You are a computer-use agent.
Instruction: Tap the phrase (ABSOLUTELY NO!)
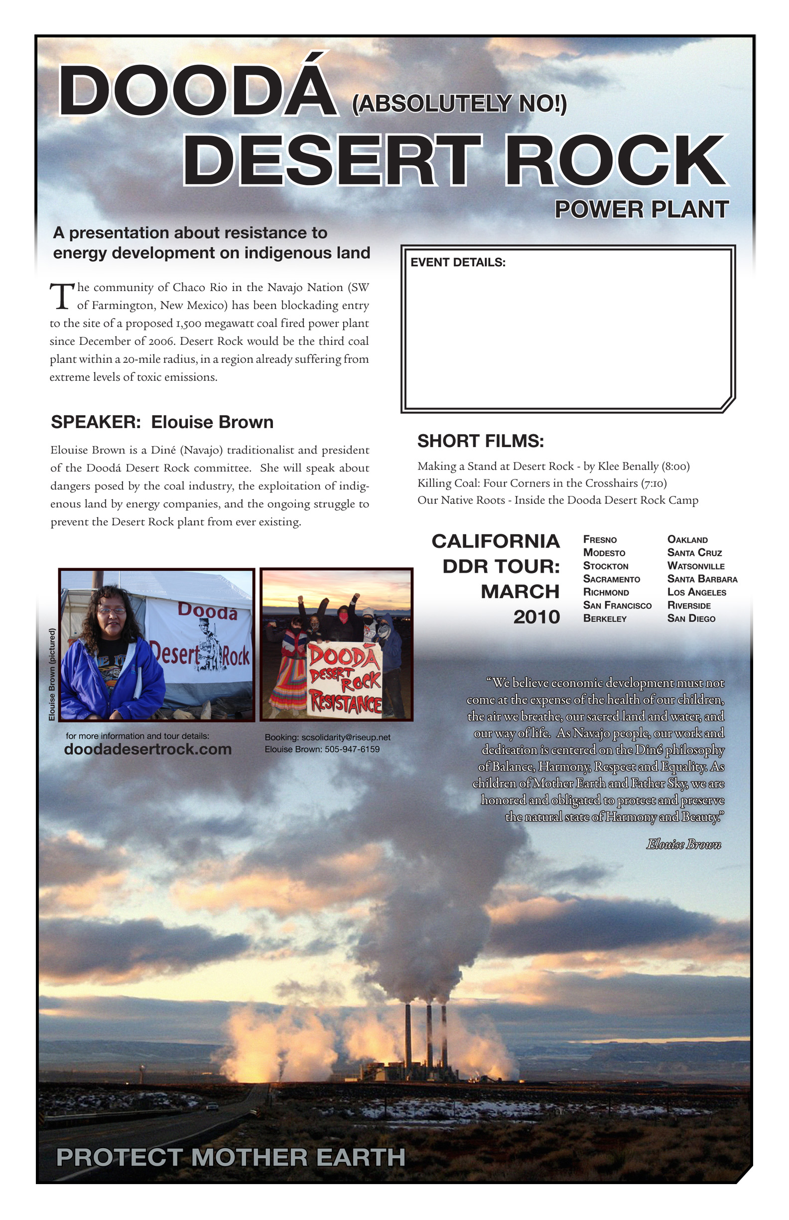(x=459, y=104)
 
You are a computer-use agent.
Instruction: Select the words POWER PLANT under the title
(x=641, y=209)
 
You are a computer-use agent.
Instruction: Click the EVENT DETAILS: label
(x=458, y=263)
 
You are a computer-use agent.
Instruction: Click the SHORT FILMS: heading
(x=480, y=441)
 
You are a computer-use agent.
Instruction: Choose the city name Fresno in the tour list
(x=599, y=540)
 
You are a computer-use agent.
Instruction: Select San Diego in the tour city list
(x=691, y=618)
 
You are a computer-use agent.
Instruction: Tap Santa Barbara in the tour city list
(x=702, y=579)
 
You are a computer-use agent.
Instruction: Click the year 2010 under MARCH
(x=536, y=617)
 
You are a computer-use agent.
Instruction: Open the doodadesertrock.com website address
(x=147, y=750)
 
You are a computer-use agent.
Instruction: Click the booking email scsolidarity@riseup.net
(x=345, y=737)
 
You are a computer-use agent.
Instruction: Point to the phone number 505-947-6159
(x=352, y=750)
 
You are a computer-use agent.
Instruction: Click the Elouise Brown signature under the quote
(x=683, y=844)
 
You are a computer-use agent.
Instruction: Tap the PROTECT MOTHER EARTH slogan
(x=231, y=1158)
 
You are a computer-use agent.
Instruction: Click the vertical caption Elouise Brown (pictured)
(x=52, y=675)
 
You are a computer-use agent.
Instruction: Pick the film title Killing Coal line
(x=541, y=483)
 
